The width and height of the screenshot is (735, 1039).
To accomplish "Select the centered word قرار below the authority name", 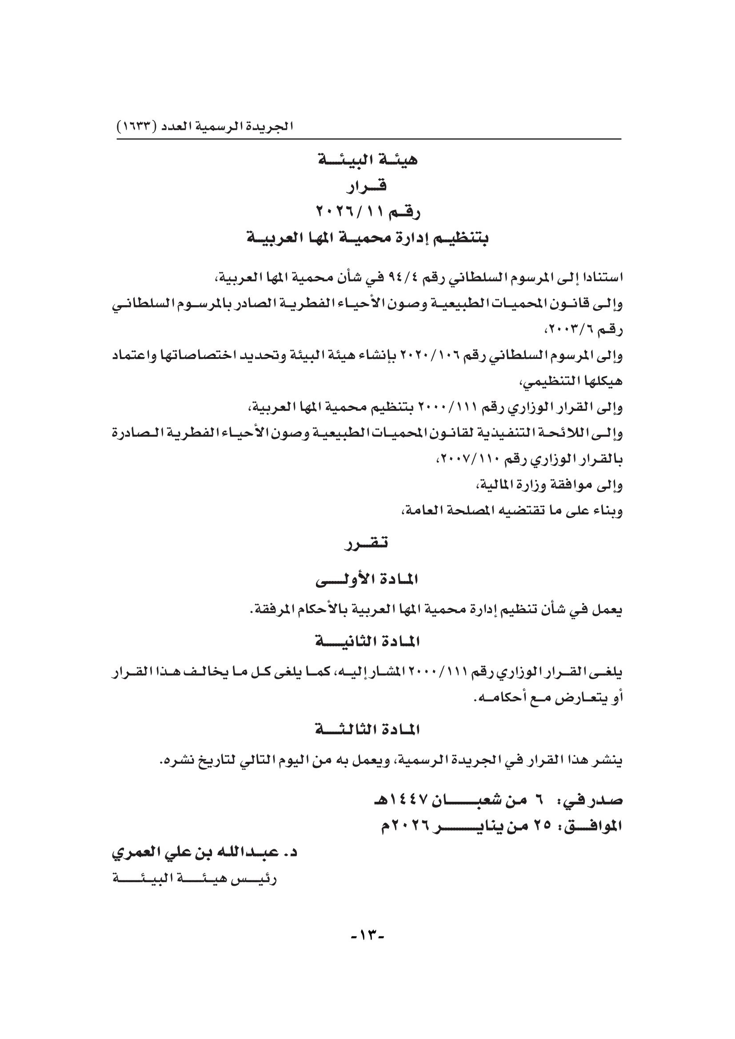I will pos(367,186).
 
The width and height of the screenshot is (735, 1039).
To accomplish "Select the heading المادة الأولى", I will pos(367,580).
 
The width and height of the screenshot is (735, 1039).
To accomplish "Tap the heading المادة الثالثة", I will pos(367,729).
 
